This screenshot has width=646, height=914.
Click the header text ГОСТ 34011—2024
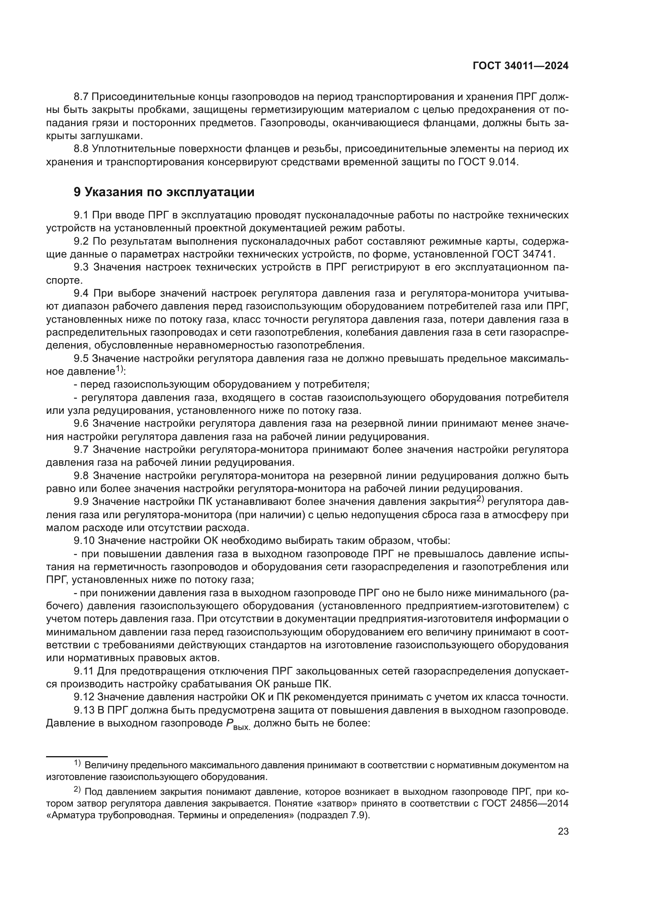[x=520, y=66]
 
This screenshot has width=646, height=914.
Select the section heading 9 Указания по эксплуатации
[x=164, y=192]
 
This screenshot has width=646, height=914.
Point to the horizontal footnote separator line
[x=77, y=757]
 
